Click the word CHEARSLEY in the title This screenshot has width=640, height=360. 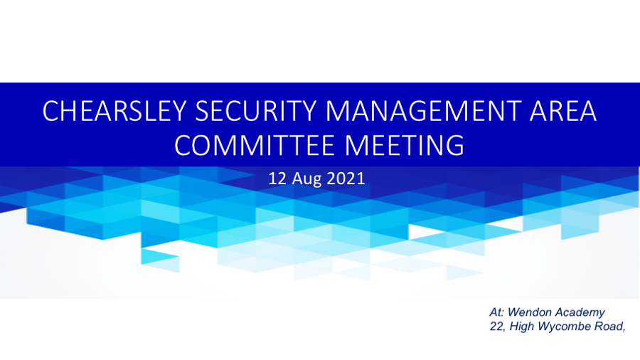114,111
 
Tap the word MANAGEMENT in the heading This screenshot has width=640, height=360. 423,111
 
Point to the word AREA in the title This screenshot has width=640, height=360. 563,111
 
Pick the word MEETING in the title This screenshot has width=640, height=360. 405,145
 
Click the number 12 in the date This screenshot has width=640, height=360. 277,179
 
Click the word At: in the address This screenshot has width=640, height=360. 497,312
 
